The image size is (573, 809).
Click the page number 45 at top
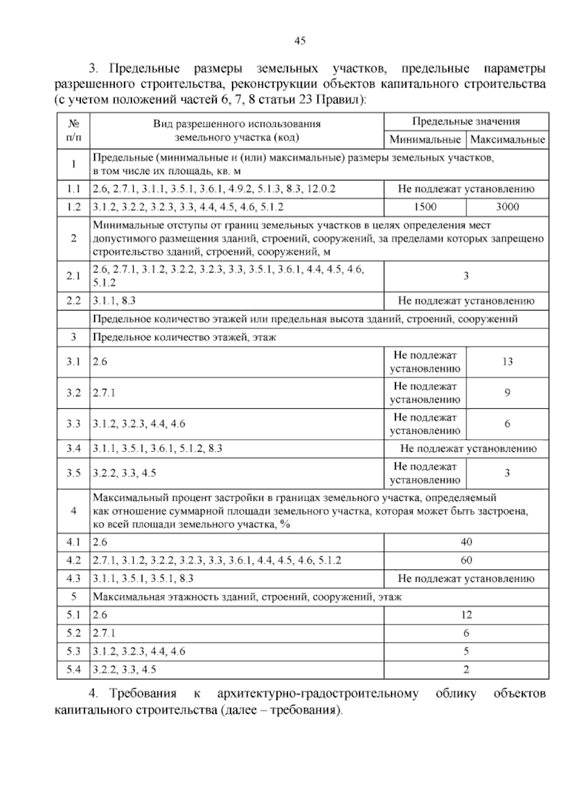300,41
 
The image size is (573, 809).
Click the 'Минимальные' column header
425,140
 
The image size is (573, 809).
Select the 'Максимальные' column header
507,140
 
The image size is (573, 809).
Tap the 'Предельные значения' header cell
466,122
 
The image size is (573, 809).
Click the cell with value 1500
425,207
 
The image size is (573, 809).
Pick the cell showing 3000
507,207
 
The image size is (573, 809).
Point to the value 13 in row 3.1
507,362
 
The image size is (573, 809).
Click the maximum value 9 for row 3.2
507,393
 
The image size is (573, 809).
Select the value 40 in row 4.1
466,542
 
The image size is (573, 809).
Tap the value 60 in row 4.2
466,560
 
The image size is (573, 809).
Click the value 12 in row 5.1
466,615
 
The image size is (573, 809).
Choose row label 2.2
74,301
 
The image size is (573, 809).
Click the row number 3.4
74,448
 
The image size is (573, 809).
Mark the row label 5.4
74,670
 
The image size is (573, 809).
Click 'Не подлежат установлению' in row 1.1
466,189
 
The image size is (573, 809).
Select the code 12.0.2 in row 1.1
321,189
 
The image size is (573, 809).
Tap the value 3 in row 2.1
466,276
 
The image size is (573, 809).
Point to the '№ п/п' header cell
74,131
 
